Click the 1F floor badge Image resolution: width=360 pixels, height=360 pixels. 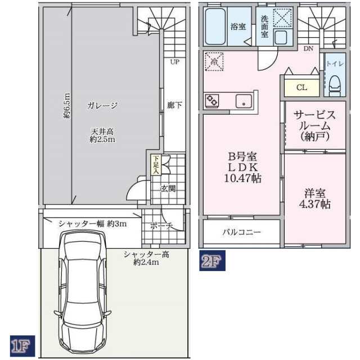[22, 346]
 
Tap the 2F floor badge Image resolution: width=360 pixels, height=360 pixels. [212, 260]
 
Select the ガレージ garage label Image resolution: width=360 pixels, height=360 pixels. [102, 105]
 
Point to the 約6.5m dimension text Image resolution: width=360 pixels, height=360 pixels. [66, 105]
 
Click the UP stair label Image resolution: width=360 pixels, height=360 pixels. [175, 62]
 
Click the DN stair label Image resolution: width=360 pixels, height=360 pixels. [308, 48]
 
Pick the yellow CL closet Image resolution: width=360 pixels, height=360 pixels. [301, 88]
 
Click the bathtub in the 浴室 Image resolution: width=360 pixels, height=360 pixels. [215, 26]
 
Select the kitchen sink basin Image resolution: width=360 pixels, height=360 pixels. [244, 101]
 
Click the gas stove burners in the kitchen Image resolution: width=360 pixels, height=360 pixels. [212, 101]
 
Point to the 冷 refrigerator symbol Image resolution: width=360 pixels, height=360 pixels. [214, 61]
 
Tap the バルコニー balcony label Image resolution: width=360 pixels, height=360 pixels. [241, 232]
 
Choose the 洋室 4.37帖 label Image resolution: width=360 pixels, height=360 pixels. [315, 199]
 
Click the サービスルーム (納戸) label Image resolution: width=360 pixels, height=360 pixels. [315, 126]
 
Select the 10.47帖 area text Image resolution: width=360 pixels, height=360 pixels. [242, 178]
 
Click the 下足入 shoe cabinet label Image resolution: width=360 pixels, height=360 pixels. [156, 165]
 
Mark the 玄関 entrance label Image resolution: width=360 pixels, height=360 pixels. [168, 188]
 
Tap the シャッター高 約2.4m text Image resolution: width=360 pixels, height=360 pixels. [146, 258]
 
